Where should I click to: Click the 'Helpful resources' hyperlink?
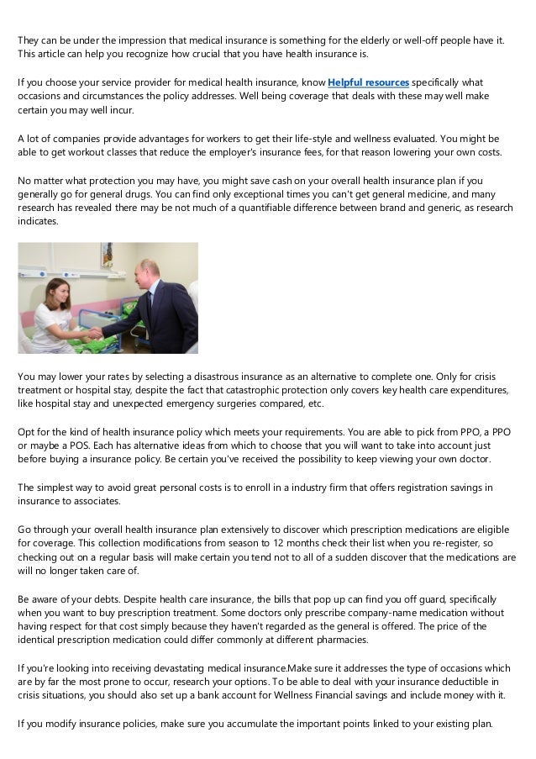[x=368, y=83]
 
